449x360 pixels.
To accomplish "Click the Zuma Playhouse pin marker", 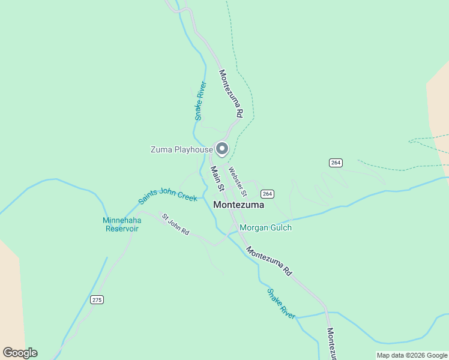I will [222, 148].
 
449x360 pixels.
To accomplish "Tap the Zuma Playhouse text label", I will [181, 149].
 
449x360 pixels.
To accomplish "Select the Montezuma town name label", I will [238, 205].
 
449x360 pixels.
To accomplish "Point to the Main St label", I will [217, 179].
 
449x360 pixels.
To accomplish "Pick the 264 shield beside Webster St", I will [267, 193].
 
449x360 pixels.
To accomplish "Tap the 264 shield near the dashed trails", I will [336, 163].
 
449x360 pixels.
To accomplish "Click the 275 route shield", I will [97, 299].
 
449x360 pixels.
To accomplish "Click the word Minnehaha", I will [122, 220].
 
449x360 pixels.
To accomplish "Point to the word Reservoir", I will [122, 229].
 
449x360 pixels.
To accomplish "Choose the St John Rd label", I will [175, 224].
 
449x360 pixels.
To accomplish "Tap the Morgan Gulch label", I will [265, 227].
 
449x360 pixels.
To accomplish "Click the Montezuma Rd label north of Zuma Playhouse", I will [231, 93].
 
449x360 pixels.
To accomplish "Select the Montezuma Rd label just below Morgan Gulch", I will [269, 261].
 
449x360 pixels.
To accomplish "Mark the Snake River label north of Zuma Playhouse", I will [200, 101].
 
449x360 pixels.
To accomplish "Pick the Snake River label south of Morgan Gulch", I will [282, 304].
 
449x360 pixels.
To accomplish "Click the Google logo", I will [20, 353].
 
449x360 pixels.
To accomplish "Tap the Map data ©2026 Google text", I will [412, 355].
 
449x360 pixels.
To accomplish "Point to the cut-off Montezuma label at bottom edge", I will [331, 343].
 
